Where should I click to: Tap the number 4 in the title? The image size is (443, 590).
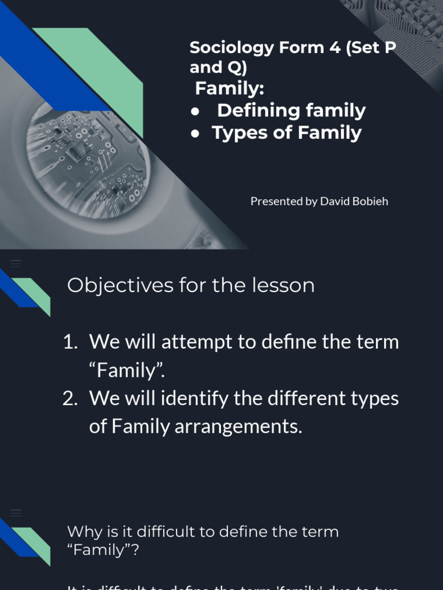tap(335, 48)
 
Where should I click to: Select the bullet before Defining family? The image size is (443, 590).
tap(196, 111)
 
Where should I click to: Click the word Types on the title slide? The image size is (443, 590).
tap(239, 133)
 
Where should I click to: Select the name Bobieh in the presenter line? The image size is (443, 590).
tap(370, 201)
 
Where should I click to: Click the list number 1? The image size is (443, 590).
tap(69, 342)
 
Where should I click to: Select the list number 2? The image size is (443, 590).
tap(69, 398)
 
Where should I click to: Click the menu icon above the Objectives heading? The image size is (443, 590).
tap(16, 263)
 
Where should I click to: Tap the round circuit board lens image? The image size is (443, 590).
tap(87, 156)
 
